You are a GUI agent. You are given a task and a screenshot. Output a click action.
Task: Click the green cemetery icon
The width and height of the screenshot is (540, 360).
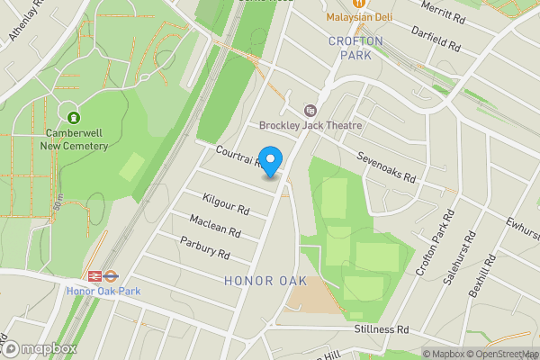[73, 116]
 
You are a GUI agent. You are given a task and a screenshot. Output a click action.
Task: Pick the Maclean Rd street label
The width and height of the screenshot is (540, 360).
[215, 226]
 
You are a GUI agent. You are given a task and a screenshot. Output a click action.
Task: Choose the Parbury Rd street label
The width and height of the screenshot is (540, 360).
[205, 247]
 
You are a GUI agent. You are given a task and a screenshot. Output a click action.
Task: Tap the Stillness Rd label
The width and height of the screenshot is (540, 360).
[381, 329]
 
